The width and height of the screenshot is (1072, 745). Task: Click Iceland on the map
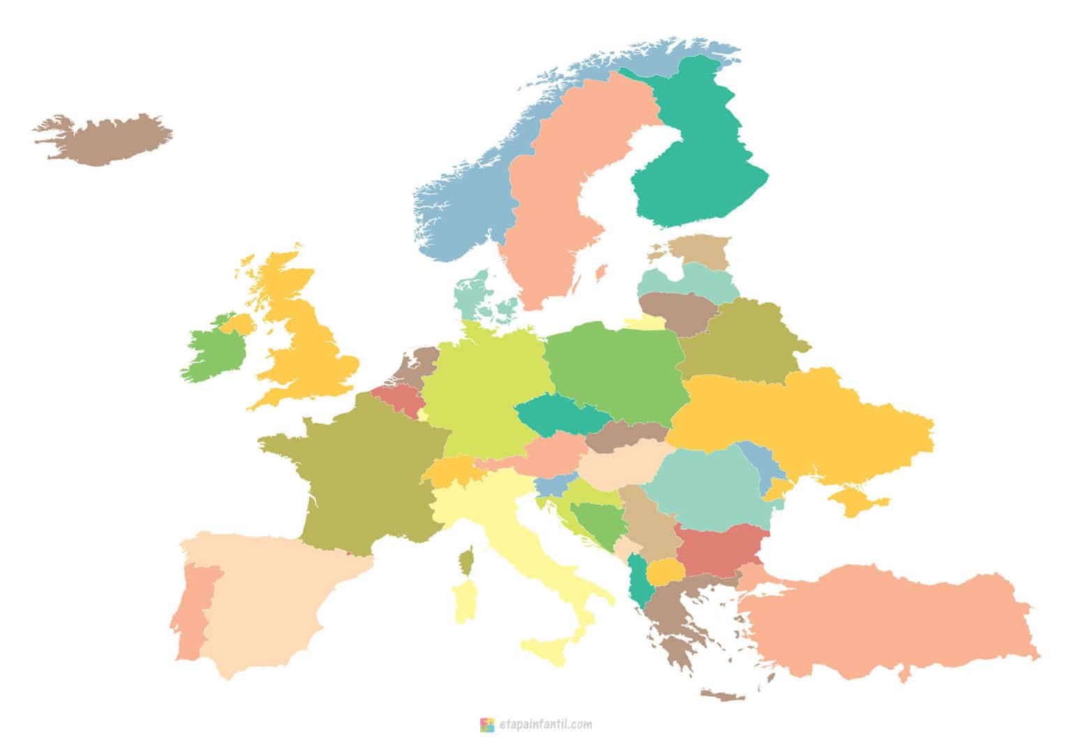click(105, 140)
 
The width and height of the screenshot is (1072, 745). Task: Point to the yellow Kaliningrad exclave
click(646, 323)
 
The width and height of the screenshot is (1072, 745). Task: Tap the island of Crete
click(722, 695)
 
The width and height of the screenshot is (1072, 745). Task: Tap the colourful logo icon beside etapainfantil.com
click(486, 725)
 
